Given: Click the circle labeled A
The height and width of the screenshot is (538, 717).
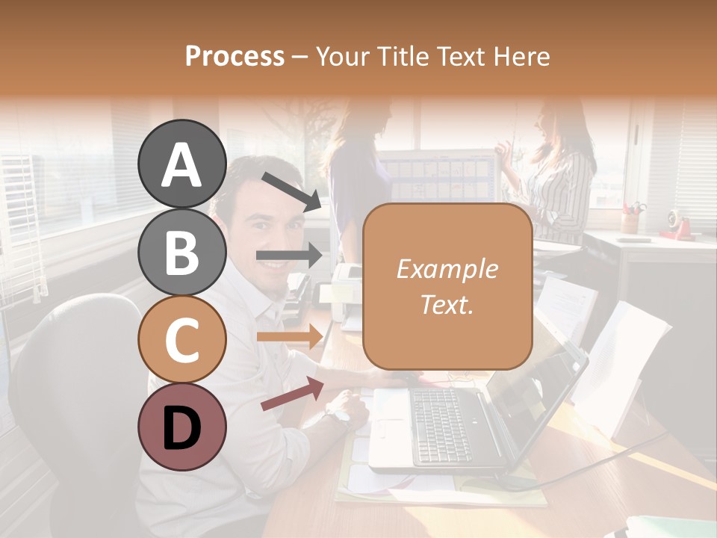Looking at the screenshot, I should (x=181, y=164).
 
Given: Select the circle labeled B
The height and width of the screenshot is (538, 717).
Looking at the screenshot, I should (x=181, y=252).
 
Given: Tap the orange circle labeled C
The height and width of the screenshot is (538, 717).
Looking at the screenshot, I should (x=181, y=339).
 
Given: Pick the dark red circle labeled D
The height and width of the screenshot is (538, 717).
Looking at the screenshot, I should (x=181, y=427).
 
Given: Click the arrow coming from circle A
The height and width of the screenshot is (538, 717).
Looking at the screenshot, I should (x=291, y=191).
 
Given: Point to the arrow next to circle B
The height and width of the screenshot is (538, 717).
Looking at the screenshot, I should (x=289, y=256).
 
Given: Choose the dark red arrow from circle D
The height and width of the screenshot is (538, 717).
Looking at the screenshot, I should (x=292, y=395).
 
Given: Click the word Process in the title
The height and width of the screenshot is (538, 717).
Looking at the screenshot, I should (x=235, y=56).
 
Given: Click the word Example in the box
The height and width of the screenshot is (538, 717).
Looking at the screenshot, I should (x=447, y=269).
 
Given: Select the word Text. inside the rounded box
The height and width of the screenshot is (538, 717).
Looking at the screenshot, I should (x=447, y=304).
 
